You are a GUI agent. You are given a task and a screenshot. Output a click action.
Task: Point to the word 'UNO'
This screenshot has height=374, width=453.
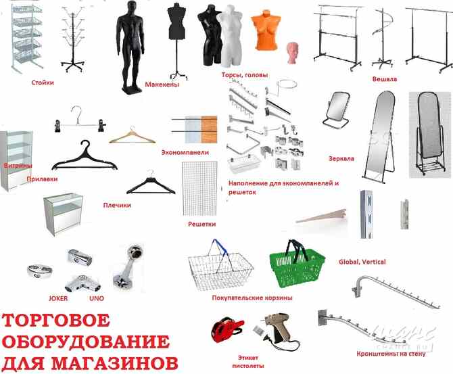pyautogui.click(x=96, y=298)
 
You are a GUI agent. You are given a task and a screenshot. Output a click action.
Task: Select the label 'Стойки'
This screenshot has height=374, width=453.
pyautogui.click(x=43, y=83)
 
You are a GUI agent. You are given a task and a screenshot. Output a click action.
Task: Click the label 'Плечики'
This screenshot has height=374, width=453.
pyautogui.click(x=117, y=205)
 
